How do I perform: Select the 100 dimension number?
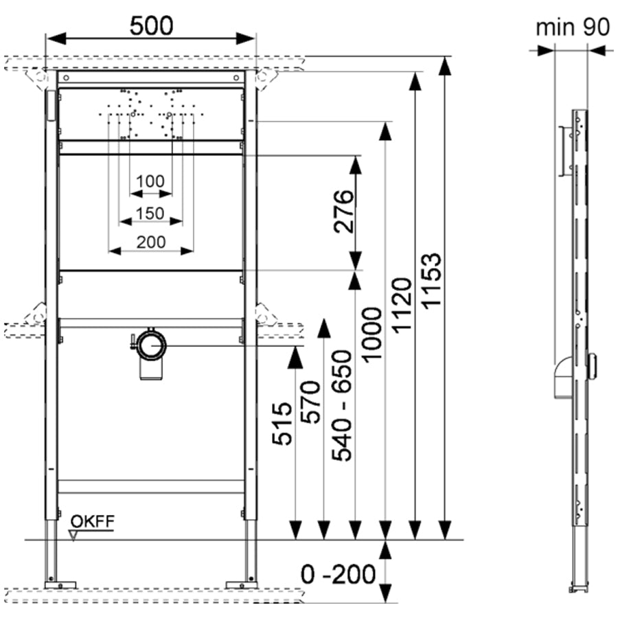150,181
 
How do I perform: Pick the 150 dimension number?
150,213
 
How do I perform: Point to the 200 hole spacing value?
151,241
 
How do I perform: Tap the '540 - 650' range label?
341,405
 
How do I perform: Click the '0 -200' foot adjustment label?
339,573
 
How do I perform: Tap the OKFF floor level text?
91,521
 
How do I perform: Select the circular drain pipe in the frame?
150,345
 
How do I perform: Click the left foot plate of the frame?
60,585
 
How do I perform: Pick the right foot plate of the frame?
241,585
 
